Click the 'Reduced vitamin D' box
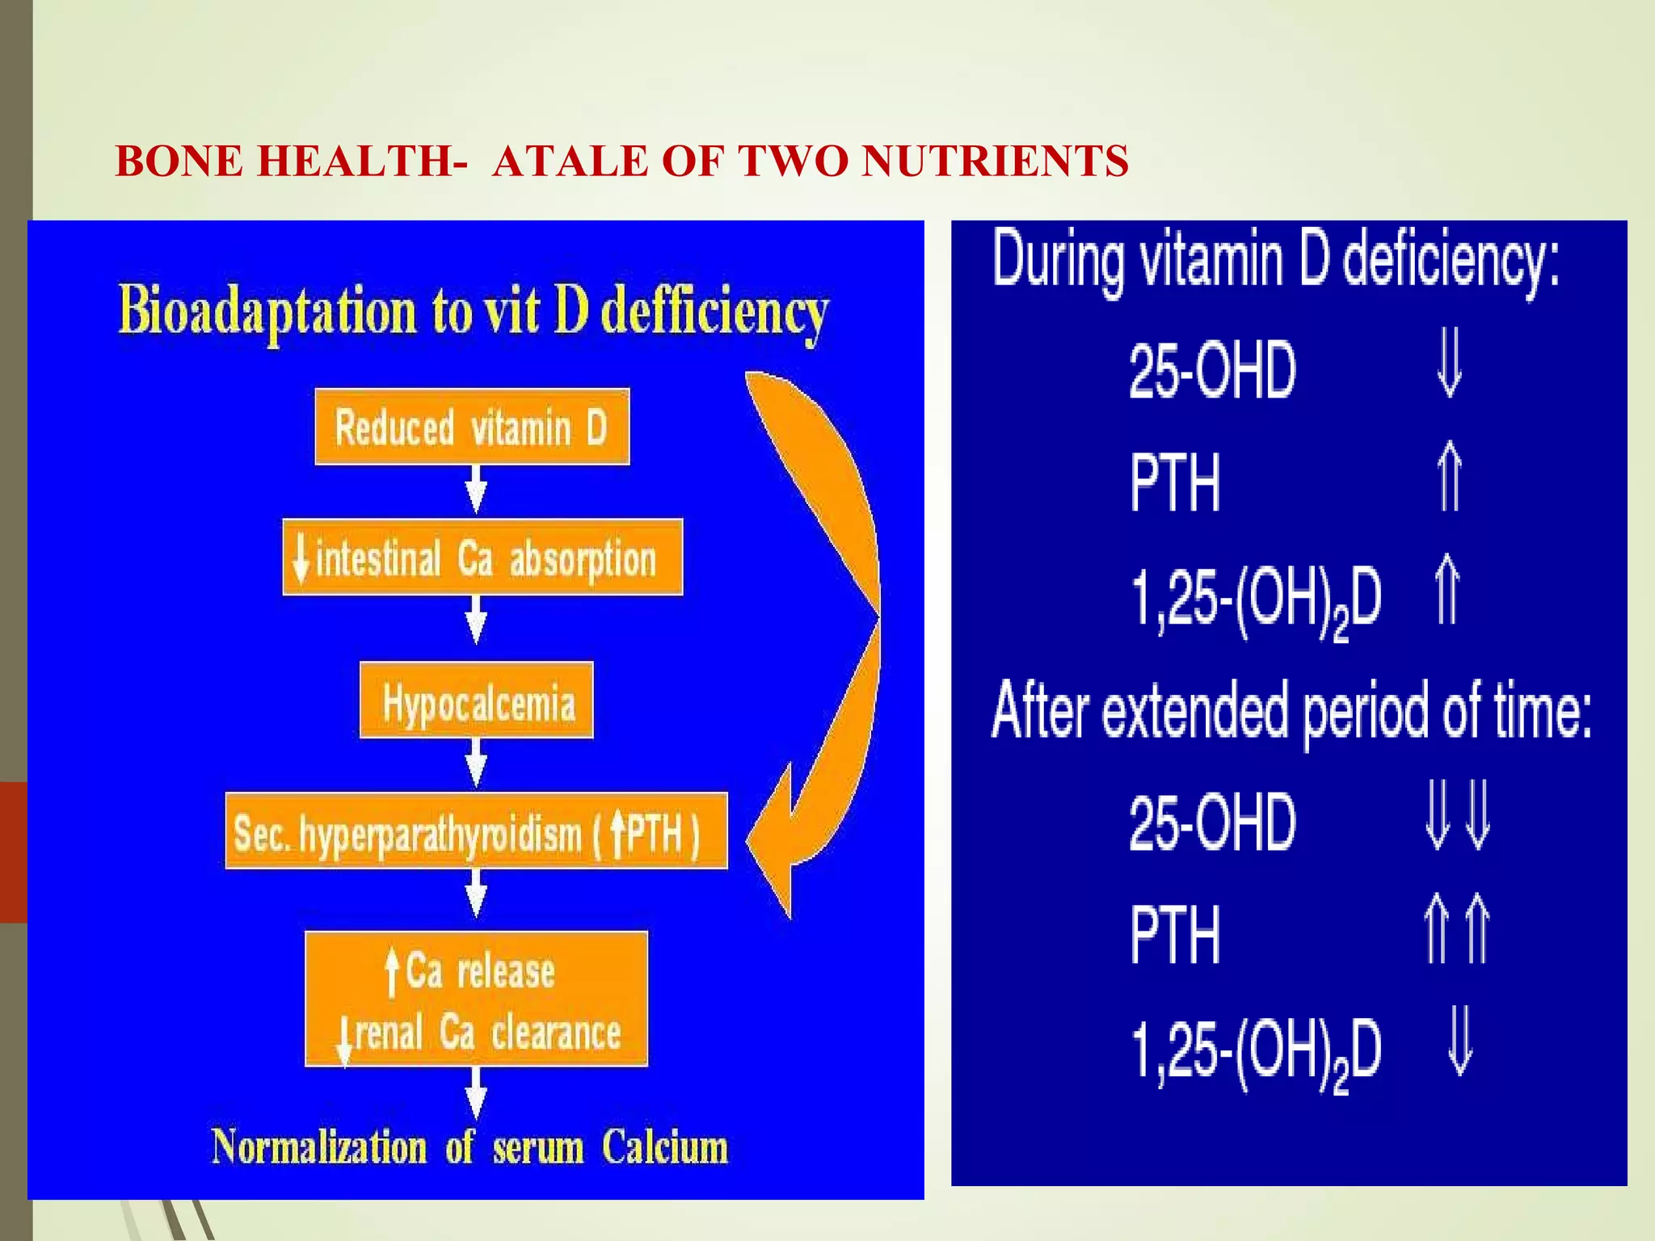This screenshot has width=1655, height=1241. tap(472, 427)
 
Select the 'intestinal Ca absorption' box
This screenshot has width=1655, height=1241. tap(482, 557)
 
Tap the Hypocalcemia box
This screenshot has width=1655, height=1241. tap(476, 700)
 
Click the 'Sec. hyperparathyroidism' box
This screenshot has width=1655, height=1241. tap(476, 831)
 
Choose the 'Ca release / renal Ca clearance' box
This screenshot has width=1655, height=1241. tap(476, 999)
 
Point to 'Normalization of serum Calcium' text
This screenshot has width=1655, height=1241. tap(470, 1147)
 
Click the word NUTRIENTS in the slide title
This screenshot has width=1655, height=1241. tap(994, 161)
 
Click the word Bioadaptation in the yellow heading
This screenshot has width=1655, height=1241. tap(267, 311)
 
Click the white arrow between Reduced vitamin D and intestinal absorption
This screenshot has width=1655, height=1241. tap(477, 490)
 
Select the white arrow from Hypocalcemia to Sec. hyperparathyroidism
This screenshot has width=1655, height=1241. tap(477, 764)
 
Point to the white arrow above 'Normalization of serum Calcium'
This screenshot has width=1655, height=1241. tap(477, 1092)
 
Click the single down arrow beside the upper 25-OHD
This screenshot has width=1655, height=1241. tap(1450, 368)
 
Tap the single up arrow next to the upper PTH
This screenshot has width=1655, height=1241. tap(1450, 477)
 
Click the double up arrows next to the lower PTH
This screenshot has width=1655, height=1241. tap(1457, 929)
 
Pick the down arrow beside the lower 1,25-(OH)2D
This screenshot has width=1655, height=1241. tap(1459, 1042)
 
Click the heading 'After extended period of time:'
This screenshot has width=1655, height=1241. tap(1291, 711)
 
